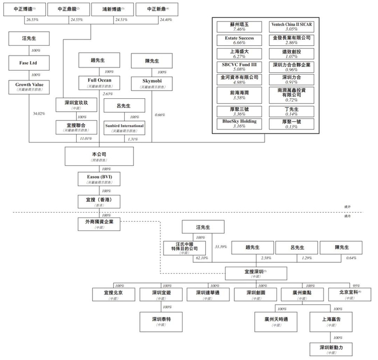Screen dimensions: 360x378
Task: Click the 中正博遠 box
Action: pyautogui.click(x=25, y=10)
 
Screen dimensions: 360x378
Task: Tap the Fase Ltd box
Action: pyautogui.click(x=30, y=62)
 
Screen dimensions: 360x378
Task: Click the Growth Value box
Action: pyautogui.click(x=30, y=87)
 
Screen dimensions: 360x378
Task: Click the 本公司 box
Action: pyautogui.click(x=99, y=156)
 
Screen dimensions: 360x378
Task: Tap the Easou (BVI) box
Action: pyautogui.click(x=99, y=179)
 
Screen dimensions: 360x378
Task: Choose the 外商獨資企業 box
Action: pyautogui.click(x=99, y=222)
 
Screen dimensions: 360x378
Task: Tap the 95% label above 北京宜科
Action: pyautogui.click(x=356, y=286)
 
